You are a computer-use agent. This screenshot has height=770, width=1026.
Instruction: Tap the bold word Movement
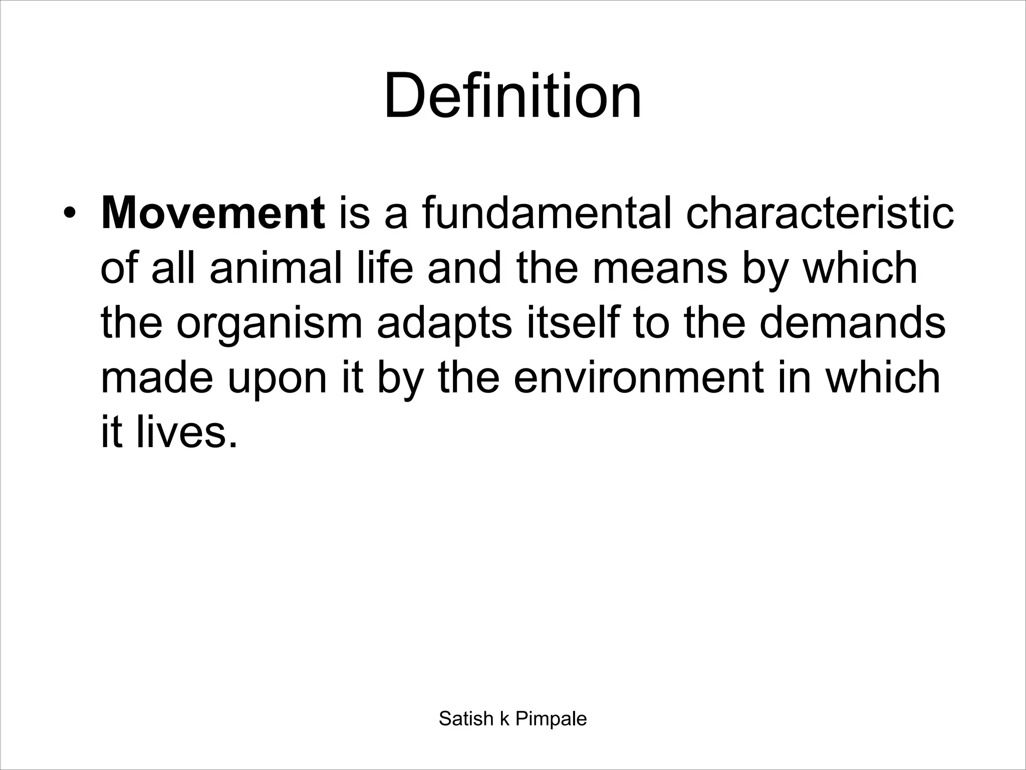[213, 214]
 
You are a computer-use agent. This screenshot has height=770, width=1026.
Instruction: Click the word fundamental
[546, 214]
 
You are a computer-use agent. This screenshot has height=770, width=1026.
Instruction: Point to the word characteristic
[820, 214]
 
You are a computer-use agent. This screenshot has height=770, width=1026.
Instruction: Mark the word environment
[639, 377]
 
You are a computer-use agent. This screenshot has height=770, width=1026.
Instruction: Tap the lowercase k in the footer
[504, 719]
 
